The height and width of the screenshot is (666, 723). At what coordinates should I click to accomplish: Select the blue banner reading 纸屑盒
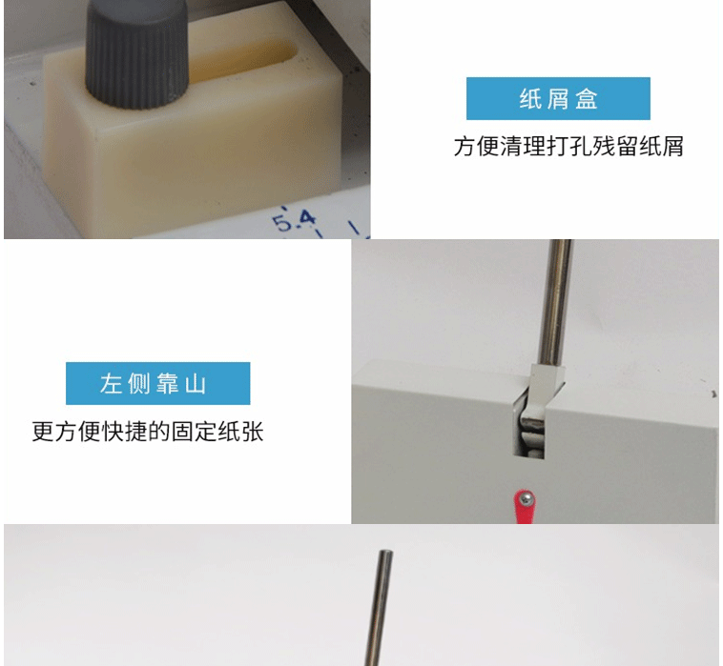tap(558, 98)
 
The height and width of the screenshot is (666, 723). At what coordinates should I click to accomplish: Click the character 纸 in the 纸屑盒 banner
tap(530, 99)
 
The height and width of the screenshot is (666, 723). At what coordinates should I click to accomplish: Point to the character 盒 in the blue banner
tap(586, 99)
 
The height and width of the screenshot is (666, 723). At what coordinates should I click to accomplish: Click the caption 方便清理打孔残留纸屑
tap(568, 147)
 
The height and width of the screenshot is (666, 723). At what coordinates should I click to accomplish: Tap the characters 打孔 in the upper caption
tap(568, 147)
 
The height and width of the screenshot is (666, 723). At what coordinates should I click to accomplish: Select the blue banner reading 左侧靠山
tap(157, 383)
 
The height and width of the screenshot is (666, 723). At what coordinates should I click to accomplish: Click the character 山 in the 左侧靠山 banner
tap(196, 384)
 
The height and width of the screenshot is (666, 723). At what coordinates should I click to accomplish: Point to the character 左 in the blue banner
tap(111, 384)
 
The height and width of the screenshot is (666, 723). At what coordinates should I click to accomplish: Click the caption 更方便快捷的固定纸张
tap(148, 432)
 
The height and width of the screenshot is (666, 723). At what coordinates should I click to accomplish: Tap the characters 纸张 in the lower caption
tap(240, 432)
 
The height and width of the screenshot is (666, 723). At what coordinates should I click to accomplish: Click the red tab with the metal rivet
tap(523, 507)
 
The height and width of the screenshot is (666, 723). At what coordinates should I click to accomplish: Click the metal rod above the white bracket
tap(557, 302)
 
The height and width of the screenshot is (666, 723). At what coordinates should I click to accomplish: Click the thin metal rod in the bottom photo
tap(379, 608)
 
